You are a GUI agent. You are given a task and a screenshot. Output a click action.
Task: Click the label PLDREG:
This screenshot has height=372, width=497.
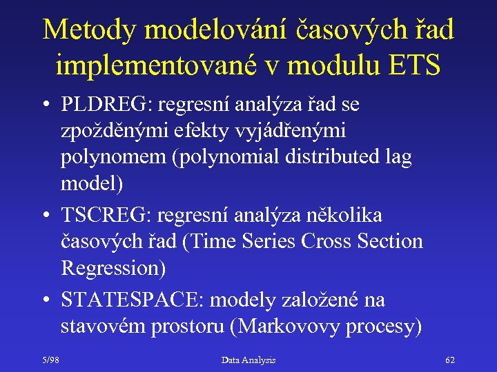tap(107, 105)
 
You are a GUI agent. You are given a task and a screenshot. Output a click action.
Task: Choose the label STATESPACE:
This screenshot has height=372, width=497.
tap(133, 300)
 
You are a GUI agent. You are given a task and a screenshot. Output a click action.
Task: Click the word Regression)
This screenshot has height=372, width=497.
tap(113, 268)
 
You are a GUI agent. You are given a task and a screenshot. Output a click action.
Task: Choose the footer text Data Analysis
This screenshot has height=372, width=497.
tap(248, 360)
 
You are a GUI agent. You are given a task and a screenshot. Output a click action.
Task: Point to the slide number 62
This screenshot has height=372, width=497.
tap(450, 360)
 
